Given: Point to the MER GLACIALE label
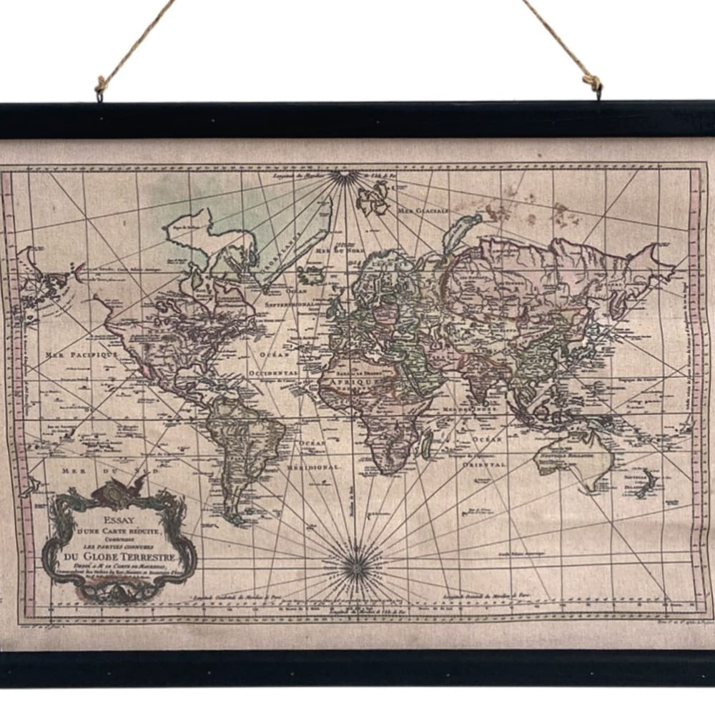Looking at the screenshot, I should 423,211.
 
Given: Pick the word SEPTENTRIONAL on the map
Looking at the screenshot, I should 292,304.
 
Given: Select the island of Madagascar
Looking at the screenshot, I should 427,447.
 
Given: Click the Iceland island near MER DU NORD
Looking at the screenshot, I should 312,273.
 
